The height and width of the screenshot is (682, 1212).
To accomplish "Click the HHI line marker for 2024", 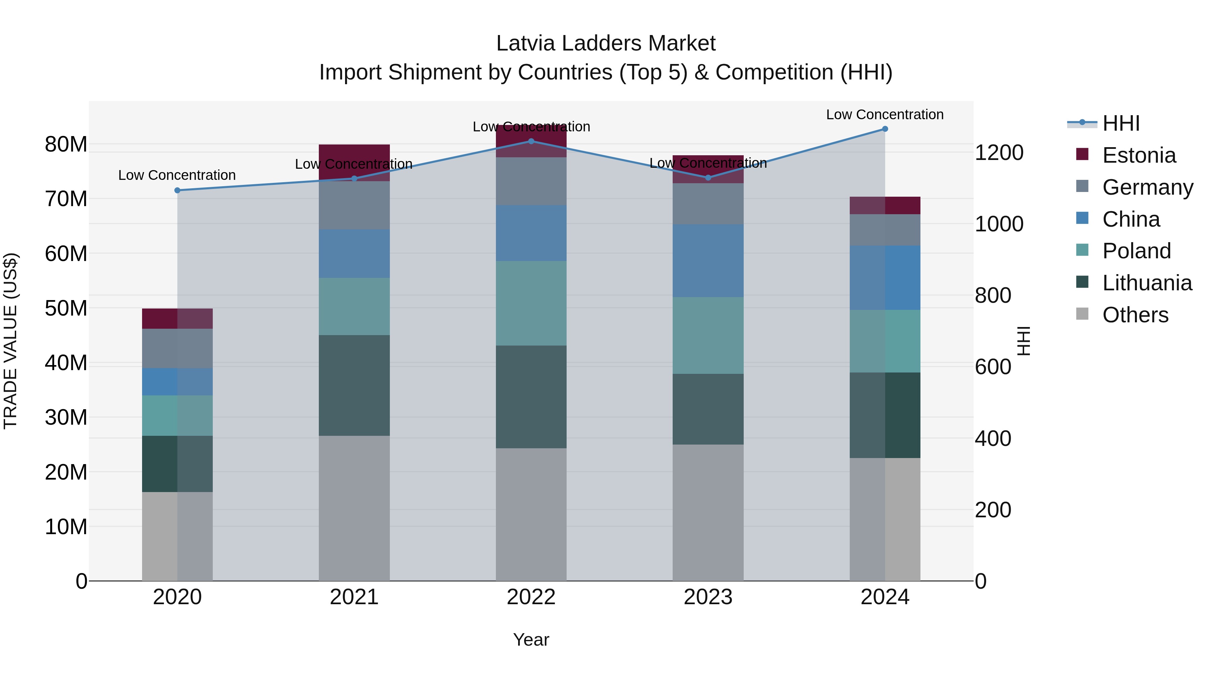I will pos(884,129).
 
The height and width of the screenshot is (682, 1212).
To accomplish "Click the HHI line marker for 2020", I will pos(177,190).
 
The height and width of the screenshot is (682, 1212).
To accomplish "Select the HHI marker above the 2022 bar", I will pos(531,141).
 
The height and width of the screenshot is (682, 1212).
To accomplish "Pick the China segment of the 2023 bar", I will pos(708,260).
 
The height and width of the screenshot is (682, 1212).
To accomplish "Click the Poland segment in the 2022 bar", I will pos(531,303).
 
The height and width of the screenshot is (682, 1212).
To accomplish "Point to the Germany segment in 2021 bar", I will pos(354,205).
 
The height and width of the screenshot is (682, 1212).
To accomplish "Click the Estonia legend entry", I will pos(1139,155).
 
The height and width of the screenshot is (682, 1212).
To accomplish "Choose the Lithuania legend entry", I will pos(1147,283).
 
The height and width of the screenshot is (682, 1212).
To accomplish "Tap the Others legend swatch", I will pos(1082,314).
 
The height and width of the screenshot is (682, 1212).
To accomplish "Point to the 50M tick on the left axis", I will pos(66,308).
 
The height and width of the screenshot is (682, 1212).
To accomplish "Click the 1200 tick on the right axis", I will pos(999,153).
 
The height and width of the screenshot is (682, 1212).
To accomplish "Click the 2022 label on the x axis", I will pos(531,597).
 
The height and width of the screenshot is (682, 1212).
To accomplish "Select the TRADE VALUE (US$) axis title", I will pos(10,341).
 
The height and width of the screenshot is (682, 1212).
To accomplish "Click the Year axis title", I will pos(531,640).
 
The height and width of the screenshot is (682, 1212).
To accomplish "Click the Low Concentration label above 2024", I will pos(884,115).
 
